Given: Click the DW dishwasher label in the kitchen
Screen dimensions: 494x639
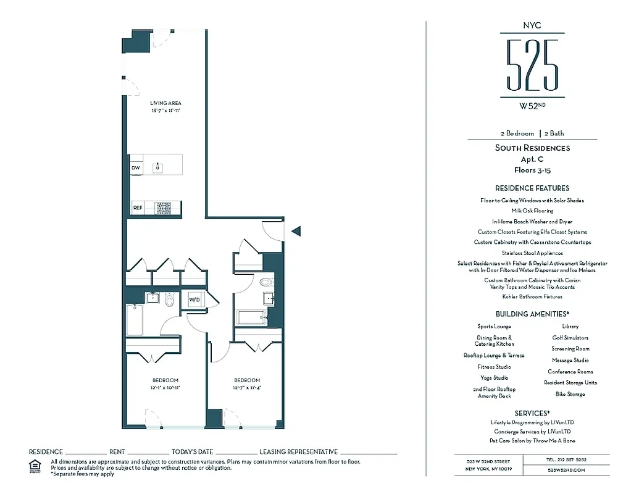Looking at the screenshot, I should click(x=135, y=168).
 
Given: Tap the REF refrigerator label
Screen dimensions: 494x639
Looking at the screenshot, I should click(x=137, y=208).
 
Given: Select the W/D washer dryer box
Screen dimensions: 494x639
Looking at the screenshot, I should click(x=194, y=299).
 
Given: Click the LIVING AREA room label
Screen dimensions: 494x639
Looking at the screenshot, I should click(x=166, y=103).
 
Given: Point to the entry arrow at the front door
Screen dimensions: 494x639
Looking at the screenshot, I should click(x=296, y=231).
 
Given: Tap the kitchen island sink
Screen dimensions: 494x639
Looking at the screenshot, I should click(x=159, y=167).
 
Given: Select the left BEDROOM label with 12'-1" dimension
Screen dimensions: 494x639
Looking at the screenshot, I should click(x=165, y=380).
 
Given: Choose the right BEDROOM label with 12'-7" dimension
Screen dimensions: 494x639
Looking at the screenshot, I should click(x=246, y=380).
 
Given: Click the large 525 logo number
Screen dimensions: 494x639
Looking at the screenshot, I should click(x=532, y=65).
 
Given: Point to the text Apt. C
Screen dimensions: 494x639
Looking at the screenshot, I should click(x=532, y=159).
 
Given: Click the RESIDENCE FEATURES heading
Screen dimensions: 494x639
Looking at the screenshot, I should click(x=532, y=188).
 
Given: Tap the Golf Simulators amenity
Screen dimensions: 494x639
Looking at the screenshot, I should click(x=570, y=338).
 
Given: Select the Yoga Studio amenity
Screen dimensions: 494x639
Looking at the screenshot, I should click(x=494, y=378).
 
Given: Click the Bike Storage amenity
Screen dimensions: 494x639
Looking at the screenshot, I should click(x=570, y=394).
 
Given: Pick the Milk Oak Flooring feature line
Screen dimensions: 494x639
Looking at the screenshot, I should click(x=532, y=211).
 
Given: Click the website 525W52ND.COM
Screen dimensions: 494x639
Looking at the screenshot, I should click(x=566, y=470).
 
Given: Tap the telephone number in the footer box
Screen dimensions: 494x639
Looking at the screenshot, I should click(x=566, y=460).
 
